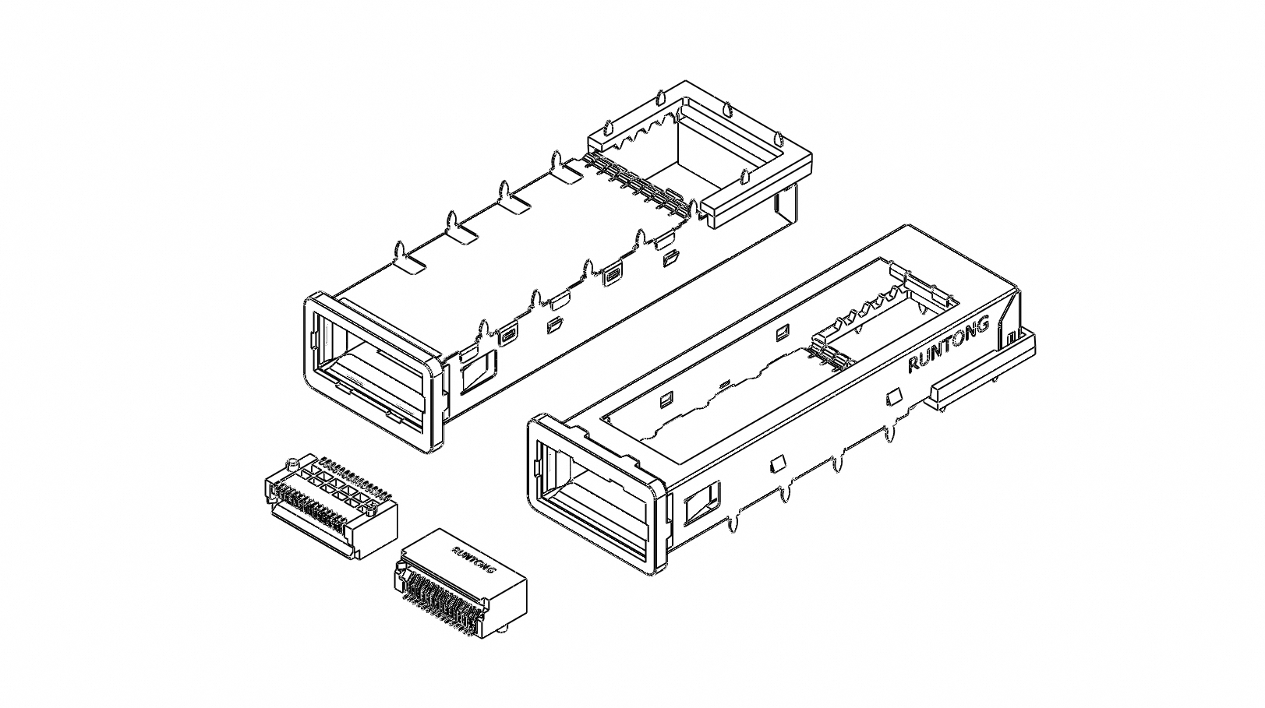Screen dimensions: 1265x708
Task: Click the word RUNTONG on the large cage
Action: (949, 344)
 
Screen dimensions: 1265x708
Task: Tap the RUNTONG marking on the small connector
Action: (473, 559)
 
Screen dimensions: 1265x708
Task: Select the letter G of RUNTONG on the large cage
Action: (983, 324)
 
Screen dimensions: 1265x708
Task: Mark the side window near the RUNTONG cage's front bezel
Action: (702, 502)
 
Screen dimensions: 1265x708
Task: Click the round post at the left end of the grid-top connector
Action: (292, 463)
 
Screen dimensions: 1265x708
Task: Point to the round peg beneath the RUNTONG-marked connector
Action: (504, 629)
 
